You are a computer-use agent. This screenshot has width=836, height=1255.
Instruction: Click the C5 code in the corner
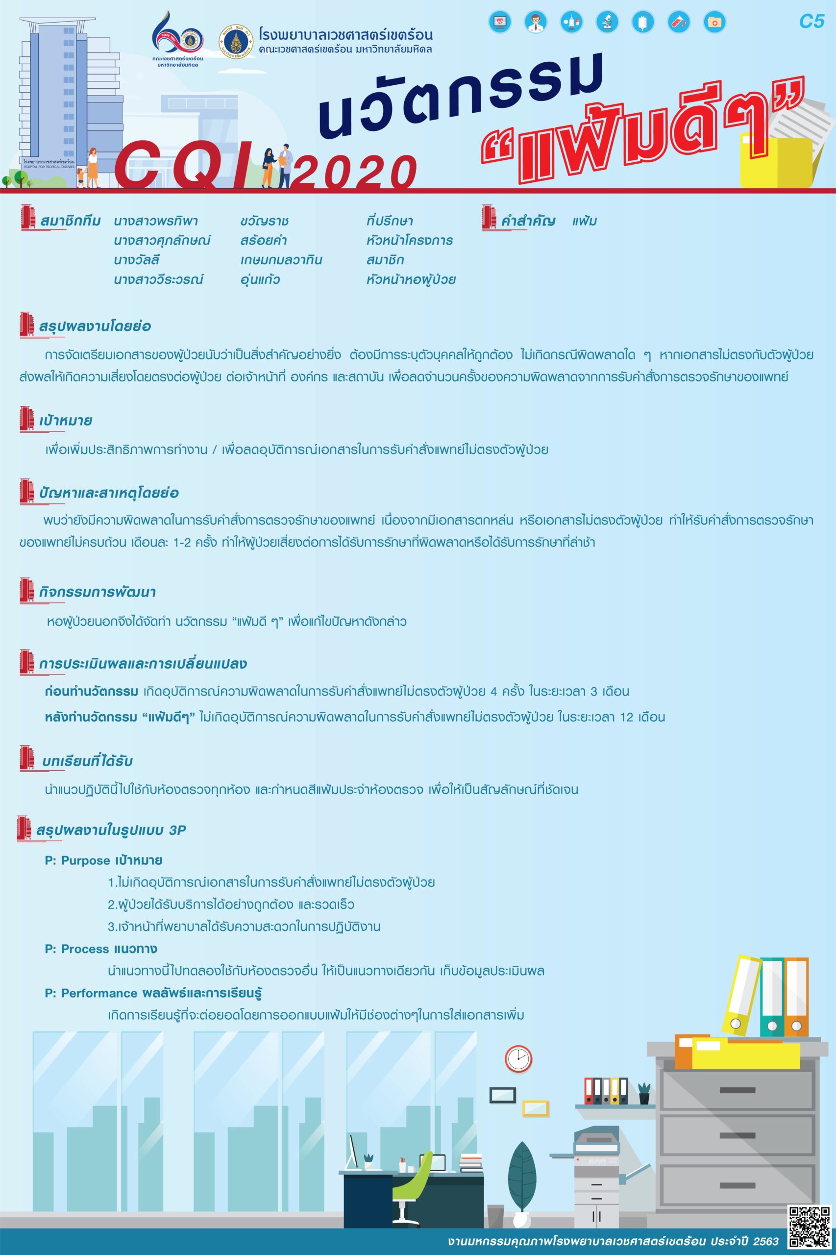pyautogui.click(x=811, y=22)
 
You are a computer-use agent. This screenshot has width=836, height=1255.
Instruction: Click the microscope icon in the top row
pyautogui.click(x=607, y=22)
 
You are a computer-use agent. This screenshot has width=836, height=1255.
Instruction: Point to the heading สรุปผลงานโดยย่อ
pyautogui.click(x=95, y=326)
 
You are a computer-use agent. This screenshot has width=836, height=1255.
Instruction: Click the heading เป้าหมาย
pyautogui.click(x=66, y=420)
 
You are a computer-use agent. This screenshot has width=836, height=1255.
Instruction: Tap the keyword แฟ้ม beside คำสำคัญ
pyautogui.click(x=584, y=221)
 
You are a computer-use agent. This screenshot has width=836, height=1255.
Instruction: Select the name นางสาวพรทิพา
pyautogui.click(x=155, y=221)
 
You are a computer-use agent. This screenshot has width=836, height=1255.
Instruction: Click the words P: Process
pyautogui.click(x=77, y=949)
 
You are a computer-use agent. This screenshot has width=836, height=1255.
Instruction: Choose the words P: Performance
pyautogui.click(x=92, y=993)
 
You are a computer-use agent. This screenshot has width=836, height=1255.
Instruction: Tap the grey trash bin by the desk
pyautogui.click(x=495, y=1202)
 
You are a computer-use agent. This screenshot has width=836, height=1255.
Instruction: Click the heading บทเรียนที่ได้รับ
pyautogui.click(x=87, y=761)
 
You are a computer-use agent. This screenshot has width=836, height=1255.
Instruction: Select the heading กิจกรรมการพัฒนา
pyautogui.click(x=98, y=592)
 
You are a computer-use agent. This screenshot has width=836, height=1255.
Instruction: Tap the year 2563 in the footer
pyautogui.click(x=767, y=1241)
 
